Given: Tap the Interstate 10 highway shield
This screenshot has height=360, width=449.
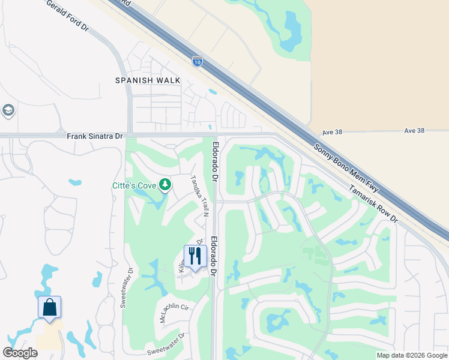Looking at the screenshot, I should pos(197,61).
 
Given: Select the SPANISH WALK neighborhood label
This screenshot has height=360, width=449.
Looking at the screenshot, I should pos(148,80).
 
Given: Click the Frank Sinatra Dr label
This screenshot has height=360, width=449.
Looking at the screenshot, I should pos(95,136).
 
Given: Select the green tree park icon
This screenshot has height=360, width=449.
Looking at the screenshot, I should pos(164,185).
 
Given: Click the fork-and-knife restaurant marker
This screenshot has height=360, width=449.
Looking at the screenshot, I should pos(195,256).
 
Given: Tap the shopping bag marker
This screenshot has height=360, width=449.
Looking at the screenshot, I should pos(50,307).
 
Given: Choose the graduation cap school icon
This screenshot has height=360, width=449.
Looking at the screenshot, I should pos(8,111).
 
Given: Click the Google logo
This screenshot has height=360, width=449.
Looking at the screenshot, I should pos(20,353).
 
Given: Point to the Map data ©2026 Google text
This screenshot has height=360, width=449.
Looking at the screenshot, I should pos(412,355).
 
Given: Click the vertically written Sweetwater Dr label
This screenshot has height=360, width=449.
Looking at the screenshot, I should pos(124,287).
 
